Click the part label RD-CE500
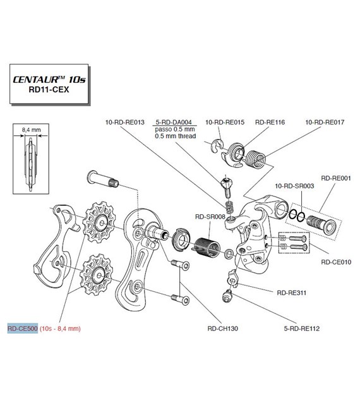coord(23,329)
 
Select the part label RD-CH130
coord(222,329)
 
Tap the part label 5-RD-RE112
coord(301,329)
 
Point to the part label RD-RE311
coord(292,292)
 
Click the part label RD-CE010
coord(336,262)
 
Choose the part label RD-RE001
coord(336,178)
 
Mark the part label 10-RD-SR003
coord(294,186)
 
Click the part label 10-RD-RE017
coord(325,122)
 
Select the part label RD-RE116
coord(270,122)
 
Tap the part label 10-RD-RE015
coord(224,122)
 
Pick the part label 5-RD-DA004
coord(174,122)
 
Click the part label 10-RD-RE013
coord(125,122)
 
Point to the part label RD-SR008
coord(210,217)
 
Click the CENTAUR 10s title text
coord(49,79)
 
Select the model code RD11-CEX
coord(49,90)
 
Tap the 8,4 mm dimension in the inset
coord(31,130)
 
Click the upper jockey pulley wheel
coord(99,222)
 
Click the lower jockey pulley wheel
coord(96,275)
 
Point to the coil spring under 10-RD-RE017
coord(256,159)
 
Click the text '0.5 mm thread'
coord(176,136)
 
